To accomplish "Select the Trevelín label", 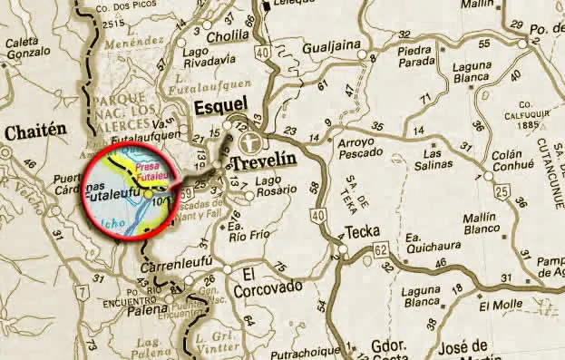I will point(265,164).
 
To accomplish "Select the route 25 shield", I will point(502,191).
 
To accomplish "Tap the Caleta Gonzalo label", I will point(30,48).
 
